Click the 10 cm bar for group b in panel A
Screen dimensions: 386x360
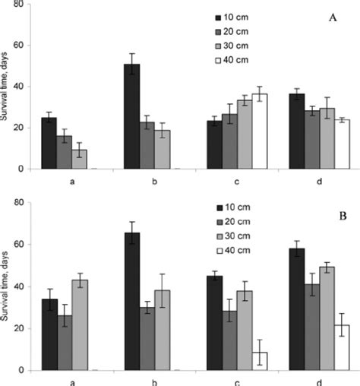point(132,116)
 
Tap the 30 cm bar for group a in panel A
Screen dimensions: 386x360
point(79,160)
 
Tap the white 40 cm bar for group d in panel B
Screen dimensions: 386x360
point(343,348)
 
